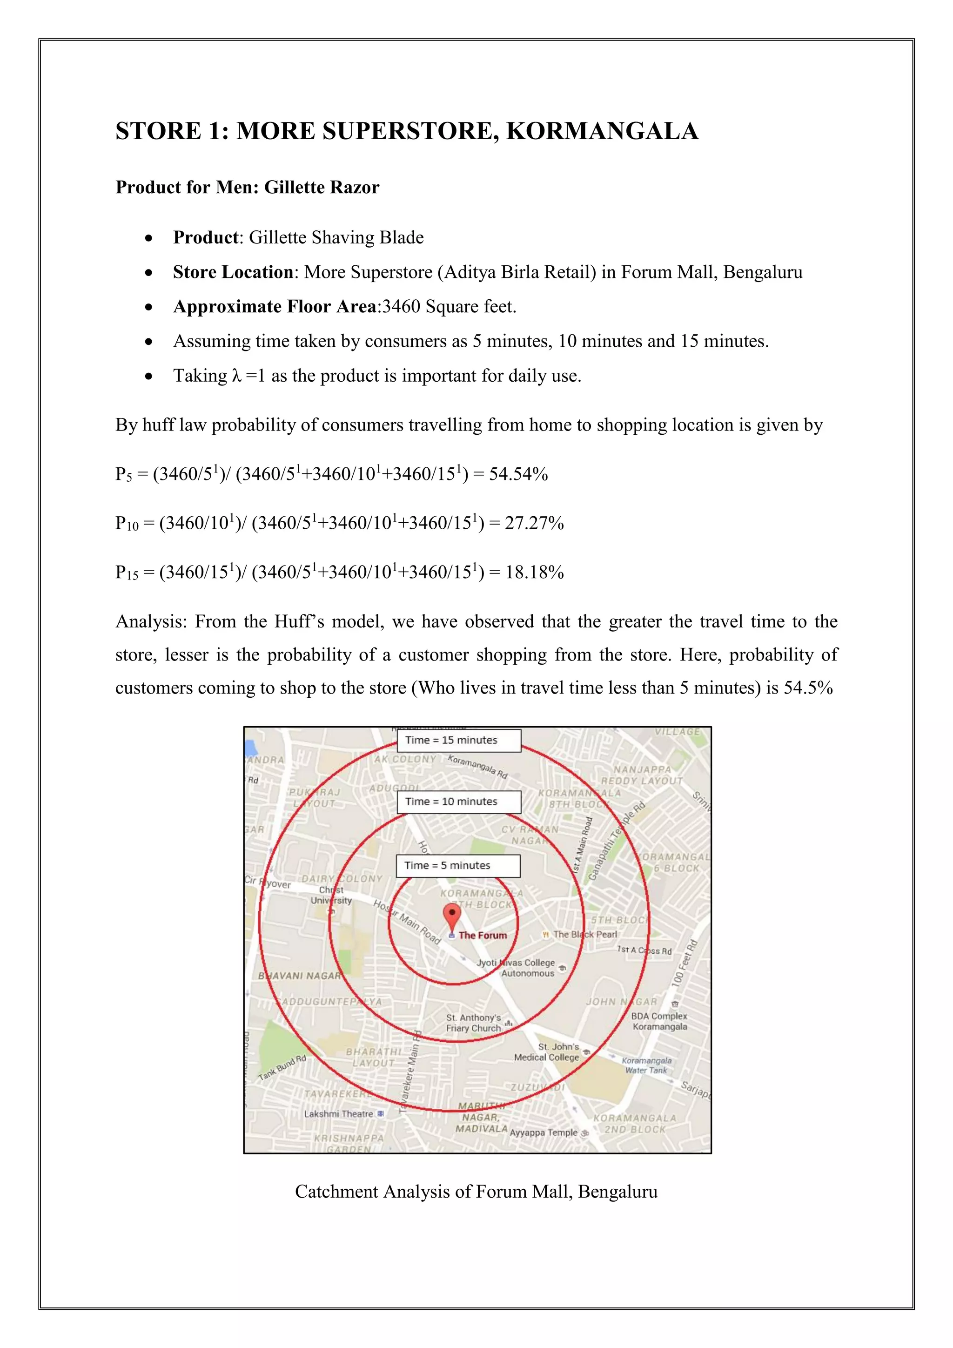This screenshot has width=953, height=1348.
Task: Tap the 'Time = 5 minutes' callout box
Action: click(x=458, y=865)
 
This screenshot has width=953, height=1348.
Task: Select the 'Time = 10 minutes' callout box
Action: click(x=458, y=802)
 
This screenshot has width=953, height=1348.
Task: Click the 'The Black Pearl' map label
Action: click(x=584, y=934)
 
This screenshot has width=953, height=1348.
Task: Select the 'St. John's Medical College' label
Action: click(x=546, y=1052)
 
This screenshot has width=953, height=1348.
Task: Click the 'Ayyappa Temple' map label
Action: click(x=544, y=1132)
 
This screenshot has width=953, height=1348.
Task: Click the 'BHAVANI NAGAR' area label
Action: click(x=300, y=976)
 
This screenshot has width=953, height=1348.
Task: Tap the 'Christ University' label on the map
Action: click(x=332, y=896)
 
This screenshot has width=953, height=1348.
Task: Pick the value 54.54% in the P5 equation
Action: click(x=518, y=474)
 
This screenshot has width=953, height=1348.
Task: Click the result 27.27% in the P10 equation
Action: click(x=534, y=523)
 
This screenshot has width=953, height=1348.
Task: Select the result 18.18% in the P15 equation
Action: click(x=534, y=573)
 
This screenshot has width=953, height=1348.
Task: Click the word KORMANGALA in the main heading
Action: click(x=602, y=131)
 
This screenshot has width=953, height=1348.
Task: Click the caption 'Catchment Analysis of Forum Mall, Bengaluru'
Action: click(x=476, y=1191)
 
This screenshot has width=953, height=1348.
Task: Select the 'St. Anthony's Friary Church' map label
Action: click(x=474, y=1023)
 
